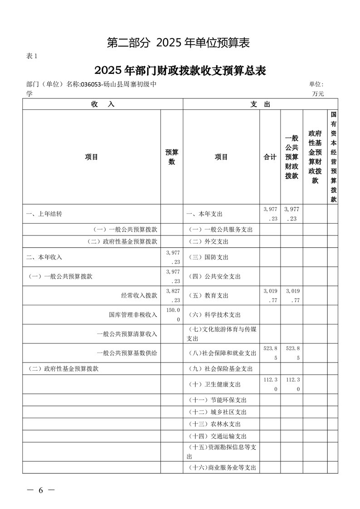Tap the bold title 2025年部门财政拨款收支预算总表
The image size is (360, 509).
180,71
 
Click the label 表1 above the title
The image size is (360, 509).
31,56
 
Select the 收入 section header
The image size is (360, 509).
103,104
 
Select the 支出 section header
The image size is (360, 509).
260,104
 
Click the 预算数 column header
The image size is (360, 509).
172,157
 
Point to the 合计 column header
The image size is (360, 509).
270,157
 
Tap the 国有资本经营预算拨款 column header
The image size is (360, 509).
333,157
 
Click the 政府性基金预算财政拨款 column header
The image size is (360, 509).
315,157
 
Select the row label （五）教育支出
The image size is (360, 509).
208,296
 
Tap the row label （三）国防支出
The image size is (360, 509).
208,257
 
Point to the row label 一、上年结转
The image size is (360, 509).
44,214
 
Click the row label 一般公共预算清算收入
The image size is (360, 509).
127,334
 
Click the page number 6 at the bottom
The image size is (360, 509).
40,490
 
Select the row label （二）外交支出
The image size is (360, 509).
208,241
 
